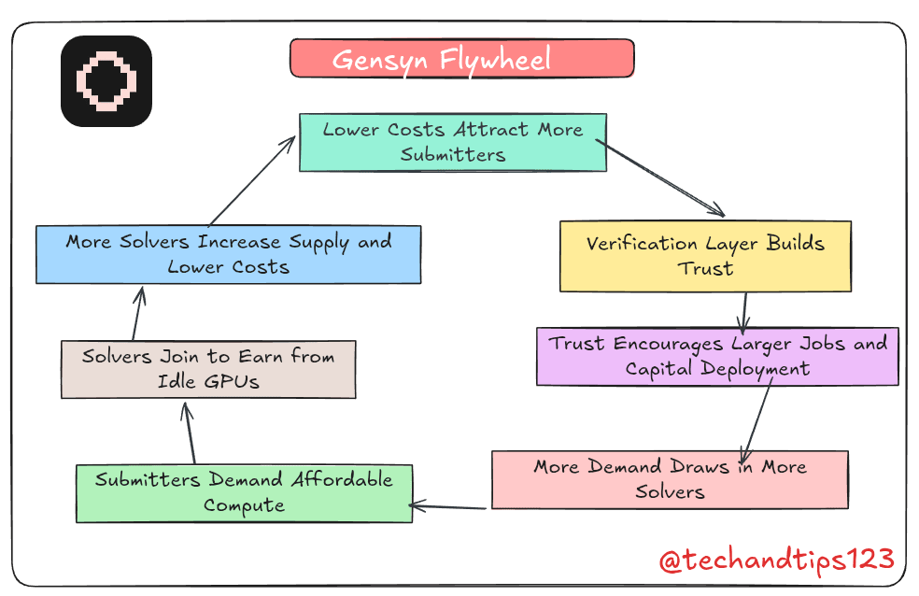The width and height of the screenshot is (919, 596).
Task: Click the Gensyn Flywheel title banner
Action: tap(461, 59)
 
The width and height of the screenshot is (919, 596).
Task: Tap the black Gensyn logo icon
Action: tap(106, 81)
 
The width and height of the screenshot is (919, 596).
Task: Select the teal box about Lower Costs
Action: tap(453, 142)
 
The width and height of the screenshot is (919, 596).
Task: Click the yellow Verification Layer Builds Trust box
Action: tap(705, 256)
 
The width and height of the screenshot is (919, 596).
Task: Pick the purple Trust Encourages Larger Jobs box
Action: tap(717, 356)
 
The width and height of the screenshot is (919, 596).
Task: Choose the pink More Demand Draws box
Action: tap(670, 479)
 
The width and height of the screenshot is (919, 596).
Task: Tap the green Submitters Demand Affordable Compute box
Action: tap(244, 492)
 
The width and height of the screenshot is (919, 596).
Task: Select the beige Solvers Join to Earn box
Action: tap(207, 369)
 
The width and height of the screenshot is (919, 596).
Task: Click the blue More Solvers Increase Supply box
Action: tap(228, 254)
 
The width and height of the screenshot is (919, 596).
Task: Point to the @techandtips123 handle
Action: tap(776, 561)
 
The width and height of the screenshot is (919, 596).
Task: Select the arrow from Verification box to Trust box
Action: tap(745, 309)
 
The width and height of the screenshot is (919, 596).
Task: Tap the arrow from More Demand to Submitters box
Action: tap(448, 507)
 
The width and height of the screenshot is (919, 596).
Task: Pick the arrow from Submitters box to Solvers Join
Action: tap(190, 433)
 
